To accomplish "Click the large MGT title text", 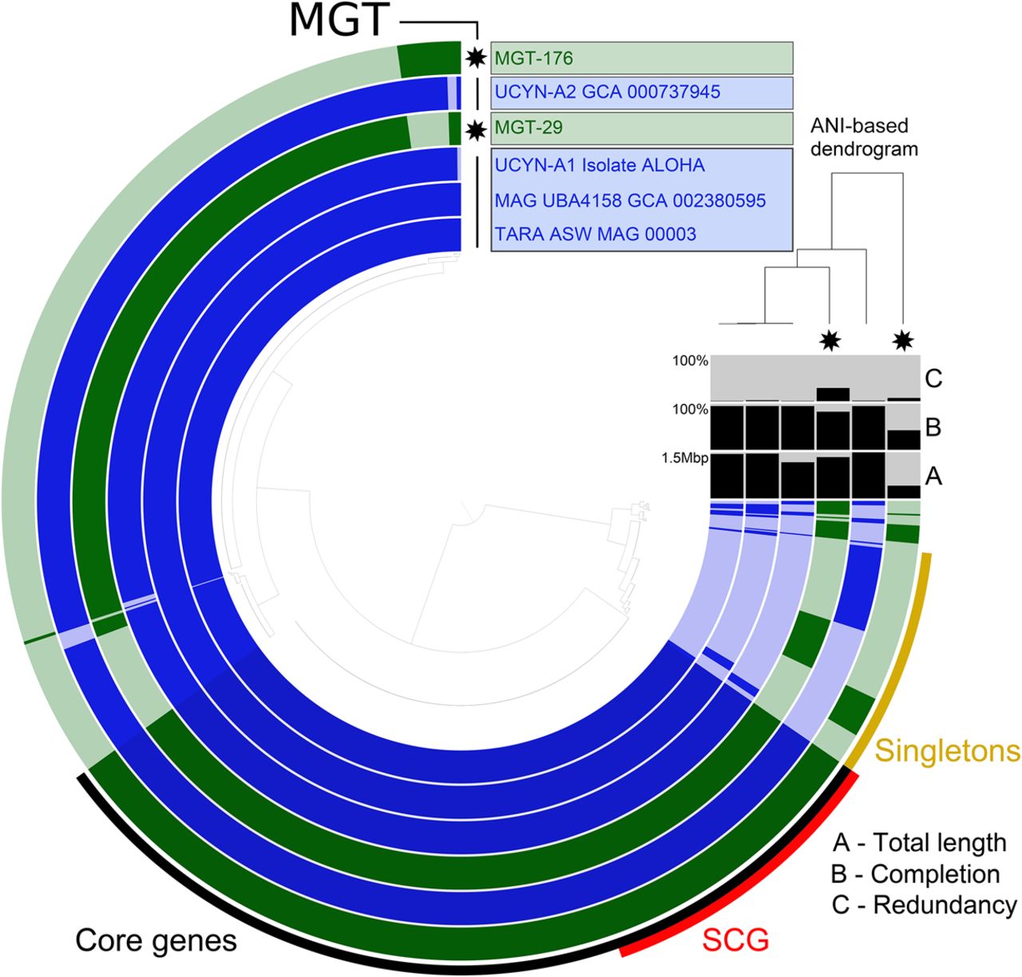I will (x=339, y=22).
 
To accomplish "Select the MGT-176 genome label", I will (x=533, y=58).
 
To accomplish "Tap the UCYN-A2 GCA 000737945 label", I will (x=607, y=92).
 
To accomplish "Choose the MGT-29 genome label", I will (x=528, y=128).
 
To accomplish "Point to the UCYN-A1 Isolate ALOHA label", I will (x=600, y=165).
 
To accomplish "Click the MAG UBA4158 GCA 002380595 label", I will (x=630, y=200).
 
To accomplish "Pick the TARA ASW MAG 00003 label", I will (x=595, y=234).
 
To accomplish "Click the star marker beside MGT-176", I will (x=476, y=57).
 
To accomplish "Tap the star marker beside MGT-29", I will (x=476, y=128).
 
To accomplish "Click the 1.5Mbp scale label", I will (x=684, y=459).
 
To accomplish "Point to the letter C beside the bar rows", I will (x=933, y=378).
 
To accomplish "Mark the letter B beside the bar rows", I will (x=933, y=427).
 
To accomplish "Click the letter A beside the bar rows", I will (x=933, y=477).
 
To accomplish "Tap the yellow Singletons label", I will (x=948, y=750).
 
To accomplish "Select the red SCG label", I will (x=735, y=940).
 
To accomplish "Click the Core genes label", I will (x=156, y=940).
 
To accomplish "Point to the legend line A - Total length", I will (x=919, y=843).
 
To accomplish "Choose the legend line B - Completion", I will (x=915, y=874).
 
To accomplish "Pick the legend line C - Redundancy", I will (x=924, y=905).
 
